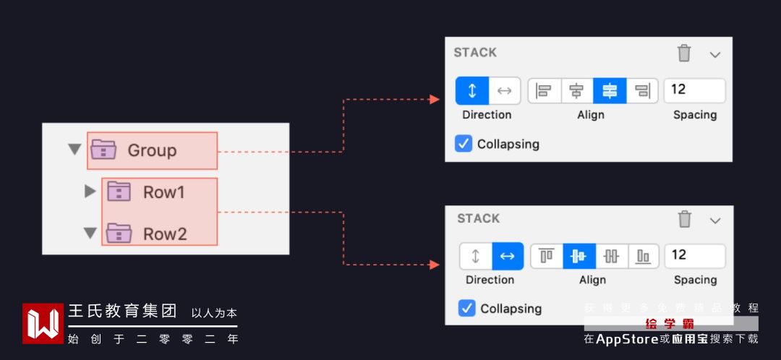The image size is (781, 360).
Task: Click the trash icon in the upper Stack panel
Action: (684, 53)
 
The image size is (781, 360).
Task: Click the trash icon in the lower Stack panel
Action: (685, 219)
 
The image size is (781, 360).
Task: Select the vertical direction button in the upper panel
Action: (472, 90)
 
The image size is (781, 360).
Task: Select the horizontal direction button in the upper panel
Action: (505, 90)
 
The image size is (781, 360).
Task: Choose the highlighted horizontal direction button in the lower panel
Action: (508, 256)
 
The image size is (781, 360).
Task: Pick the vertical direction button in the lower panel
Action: (476, 256)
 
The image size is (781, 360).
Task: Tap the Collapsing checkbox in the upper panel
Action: (464, 143)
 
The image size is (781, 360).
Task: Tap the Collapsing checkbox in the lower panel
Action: (466, 308)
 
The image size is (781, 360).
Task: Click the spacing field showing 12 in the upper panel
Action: (694, 90)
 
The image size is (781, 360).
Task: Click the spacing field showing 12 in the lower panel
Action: (694, 255)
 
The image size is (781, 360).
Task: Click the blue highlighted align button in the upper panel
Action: (610, 90)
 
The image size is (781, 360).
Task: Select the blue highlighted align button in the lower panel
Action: (579, 256)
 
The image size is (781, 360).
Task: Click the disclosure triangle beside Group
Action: (74, 150)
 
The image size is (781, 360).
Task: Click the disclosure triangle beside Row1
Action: (90, 192)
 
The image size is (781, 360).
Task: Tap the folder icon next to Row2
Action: (119, 233)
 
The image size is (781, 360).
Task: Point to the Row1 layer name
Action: (164, 192)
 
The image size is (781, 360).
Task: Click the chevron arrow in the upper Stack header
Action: (715, 54)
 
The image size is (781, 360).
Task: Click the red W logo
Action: (43, 323)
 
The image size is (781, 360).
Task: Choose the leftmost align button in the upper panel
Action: (545, 90)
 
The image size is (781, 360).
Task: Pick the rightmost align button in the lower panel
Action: (643, 256)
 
